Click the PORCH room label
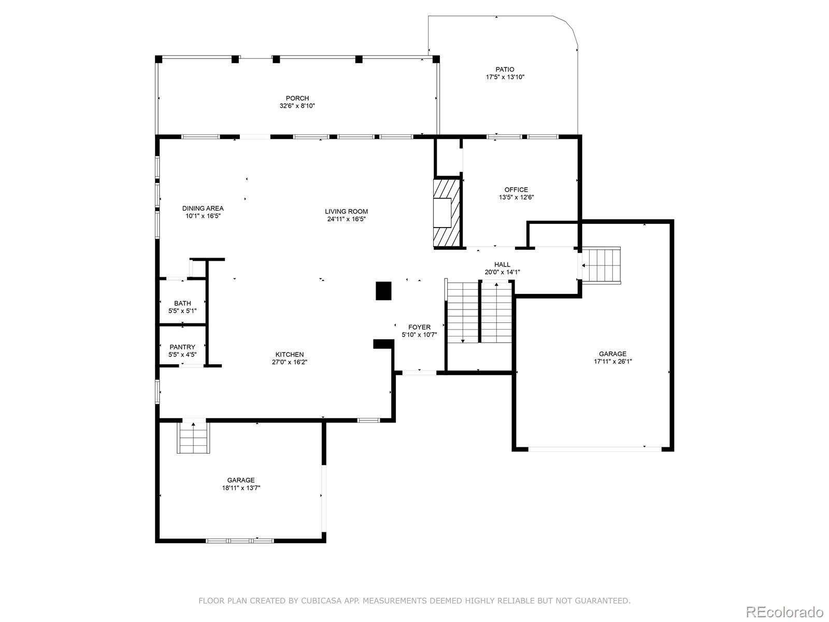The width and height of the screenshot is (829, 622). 297,98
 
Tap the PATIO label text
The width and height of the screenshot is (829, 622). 505,69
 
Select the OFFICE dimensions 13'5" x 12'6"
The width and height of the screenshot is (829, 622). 516,197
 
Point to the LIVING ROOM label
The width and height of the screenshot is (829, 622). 346,211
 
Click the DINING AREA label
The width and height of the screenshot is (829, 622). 203,208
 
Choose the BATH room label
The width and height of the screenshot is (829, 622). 182,303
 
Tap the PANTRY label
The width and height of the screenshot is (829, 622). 182,347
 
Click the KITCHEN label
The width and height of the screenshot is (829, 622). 290,355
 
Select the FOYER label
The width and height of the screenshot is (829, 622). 419,327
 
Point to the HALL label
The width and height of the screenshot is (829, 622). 502,265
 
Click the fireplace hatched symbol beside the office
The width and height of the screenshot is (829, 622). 447,213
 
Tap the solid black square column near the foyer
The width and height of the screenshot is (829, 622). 383,291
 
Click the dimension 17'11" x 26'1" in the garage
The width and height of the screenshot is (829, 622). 612,361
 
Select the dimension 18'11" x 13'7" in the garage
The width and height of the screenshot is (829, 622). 241,488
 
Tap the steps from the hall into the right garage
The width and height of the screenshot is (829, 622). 601,265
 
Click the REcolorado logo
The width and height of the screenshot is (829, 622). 785,611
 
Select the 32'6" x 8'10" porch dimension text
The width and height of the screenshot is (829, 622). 297,106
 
